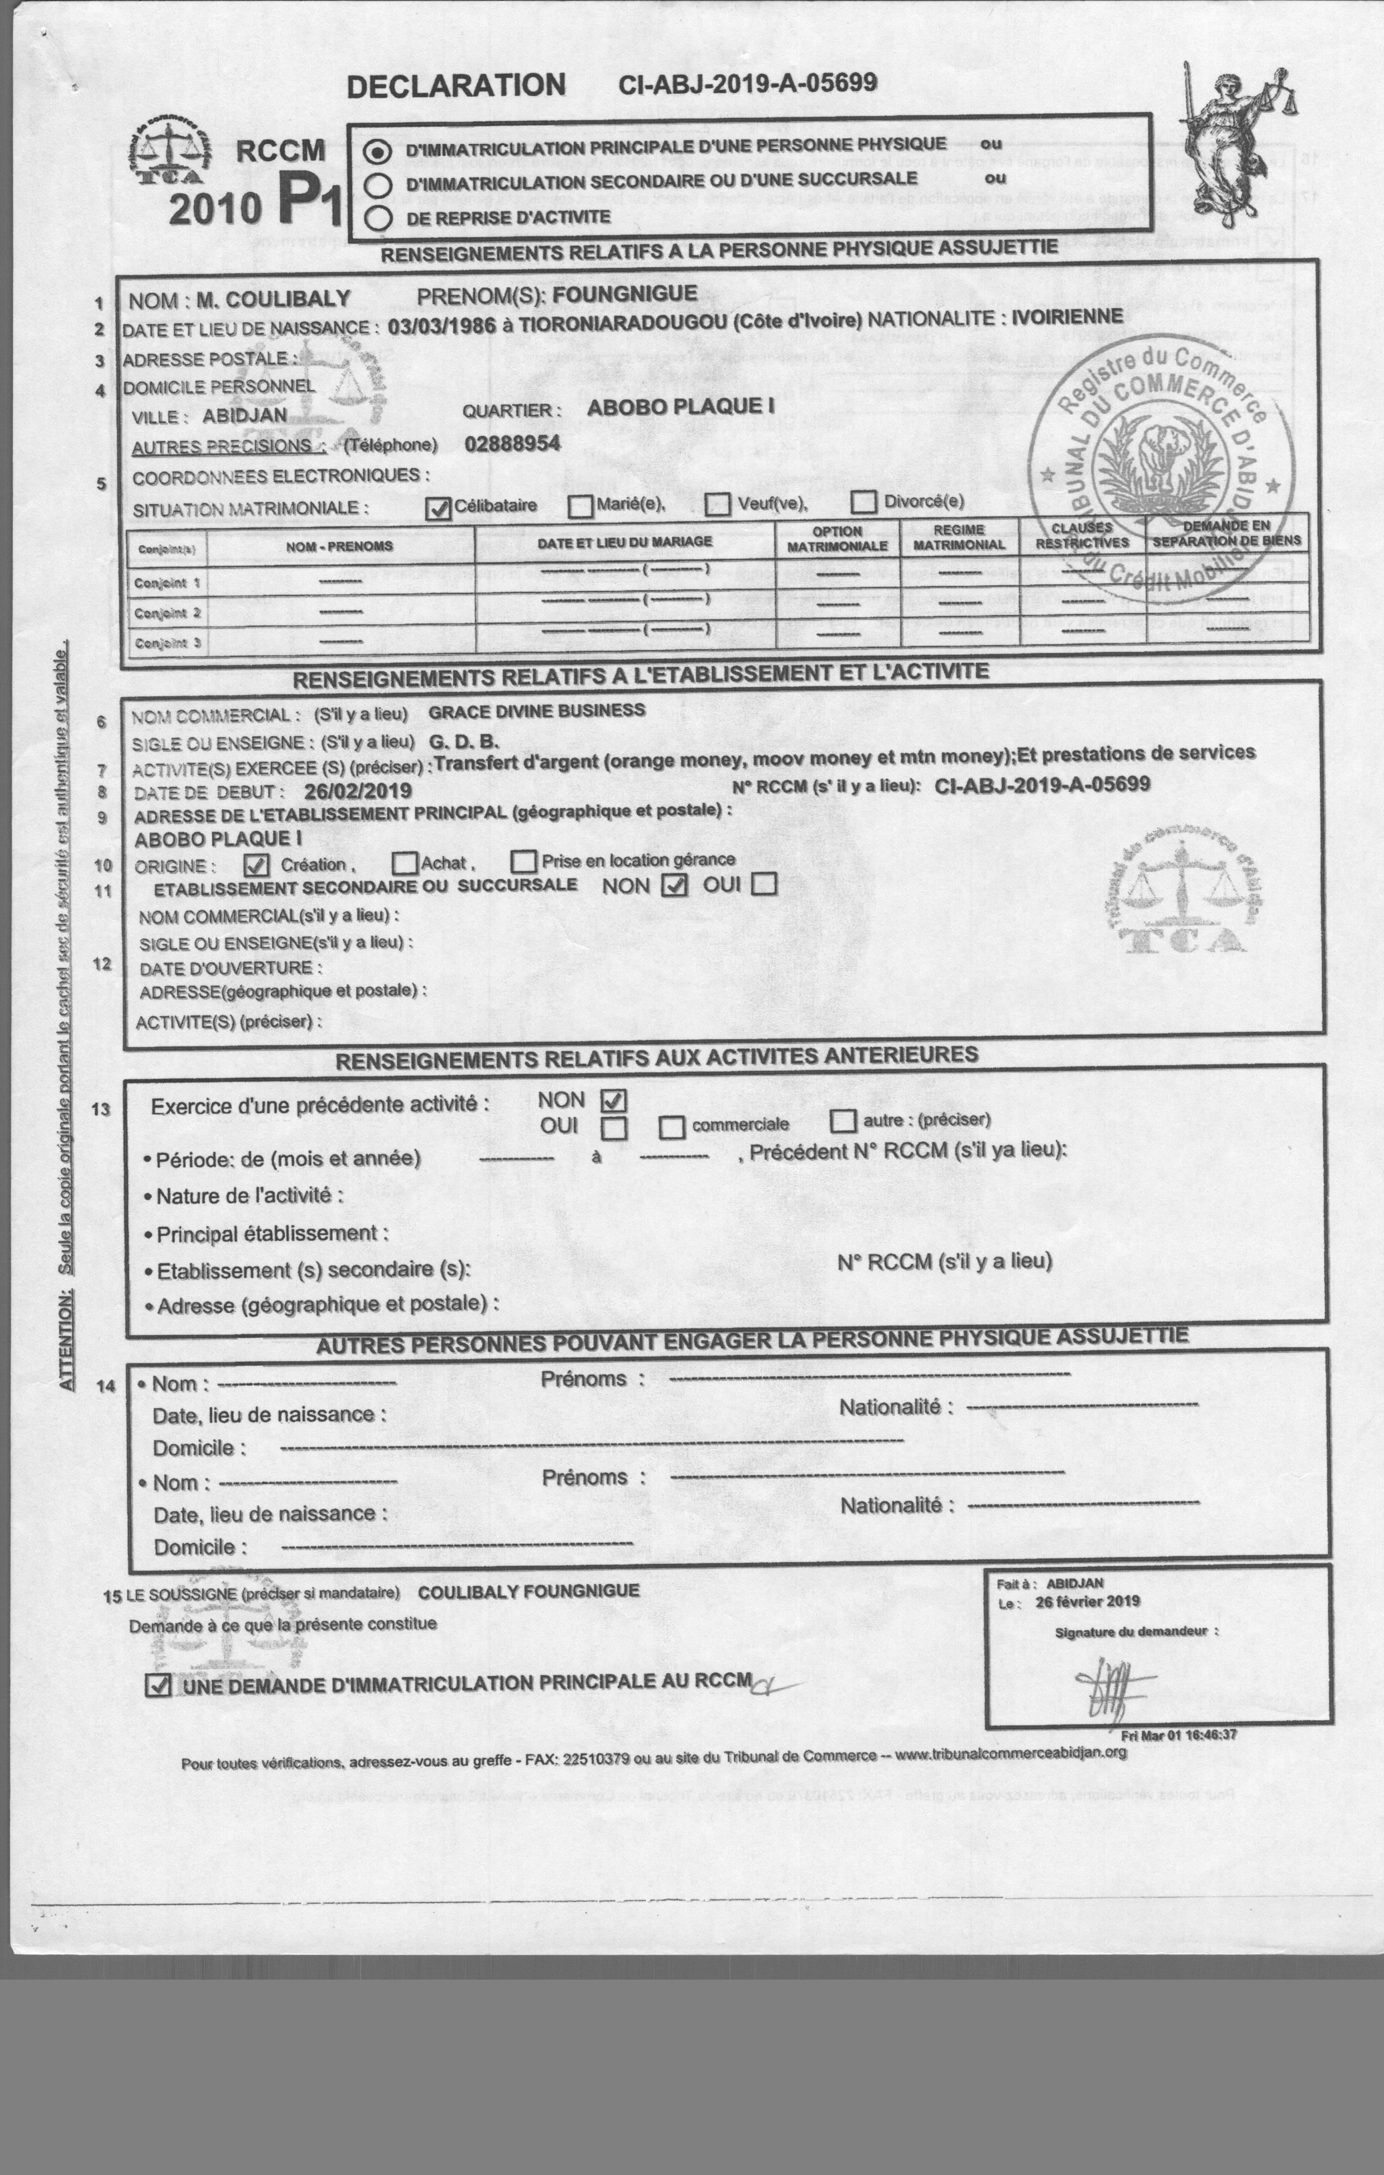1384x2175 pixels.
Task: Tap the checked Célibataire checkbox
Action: pos(438,508)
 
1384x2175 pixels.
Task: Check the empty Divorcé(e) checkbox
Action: pos(864,501)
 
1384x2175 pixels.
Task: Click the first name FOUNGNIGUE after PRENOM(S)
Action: pos(624,294)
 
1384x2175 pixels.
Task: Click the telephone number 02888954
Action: pos(512,444)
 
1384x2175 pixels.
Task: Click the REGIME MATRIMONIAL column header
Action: pos(959,537)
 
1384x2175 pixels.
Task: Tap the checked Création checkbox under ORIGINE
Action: pos(257,865)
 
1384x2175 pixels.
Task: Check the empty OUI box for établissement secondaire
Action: pos(765,884)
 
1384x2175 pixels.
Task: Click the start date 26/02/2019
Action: pos(358,791)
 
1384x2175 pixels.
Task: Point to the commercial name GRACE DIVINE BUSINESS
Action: pos(537,711)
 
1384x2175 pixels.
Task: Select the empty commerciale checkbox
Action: pos(671,1127)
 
